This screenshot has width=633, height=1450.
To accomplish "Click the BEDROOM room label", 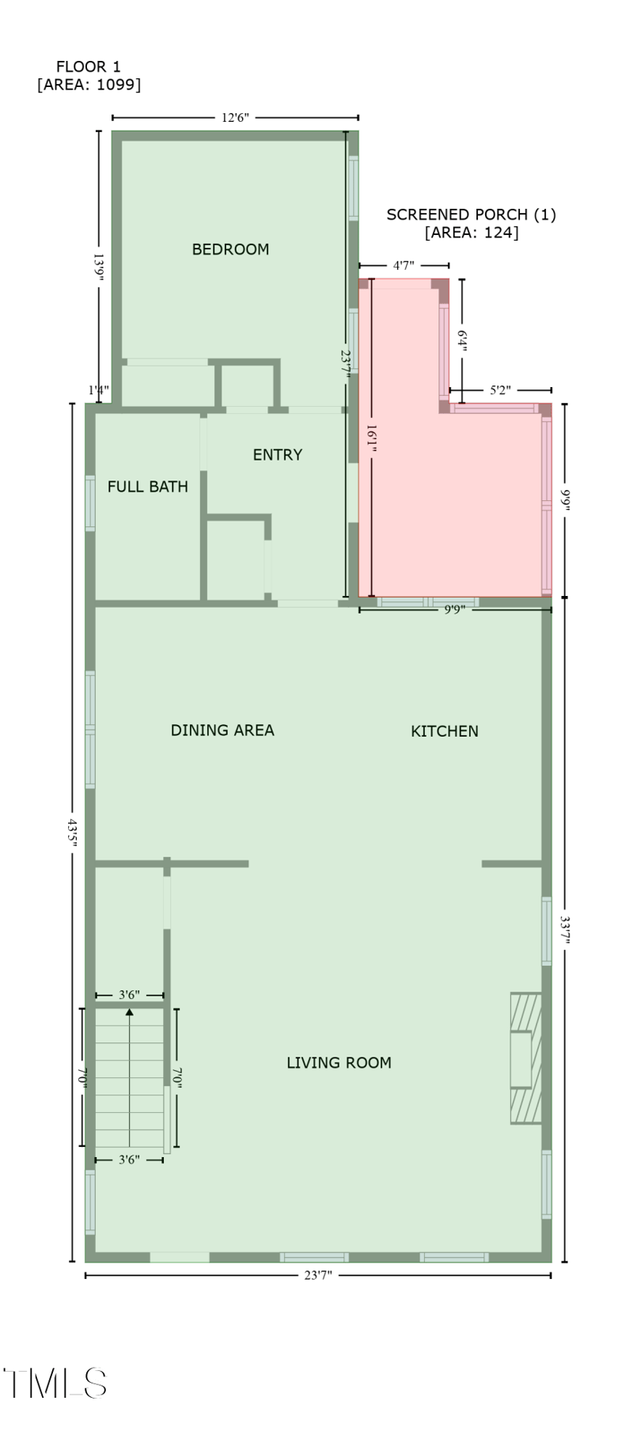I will click(230, 249).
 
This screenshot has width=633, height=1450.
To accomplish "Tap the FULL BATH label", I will click(148, 487).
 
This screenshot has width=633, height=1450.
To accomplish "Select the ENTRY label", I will click(277, 455).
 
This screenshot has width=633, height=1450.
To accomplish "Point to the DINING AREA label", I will click(222, 731).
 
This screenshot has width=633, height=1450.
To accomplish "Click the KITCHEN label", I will click(444, 731).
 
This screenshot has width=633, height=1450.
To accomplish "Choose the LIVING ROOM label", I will click(339, 1063).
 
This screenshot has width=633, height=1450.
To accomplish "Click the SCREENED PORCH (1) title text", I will click(471, 214).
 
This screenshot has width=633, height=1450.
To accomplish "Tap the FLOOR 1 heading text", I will click(89, 67).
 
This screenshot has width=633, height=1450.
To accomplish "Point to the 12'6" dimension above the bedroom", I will click(235, 118).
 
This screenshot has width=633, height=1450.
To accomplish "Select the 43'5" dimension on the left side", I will click(73, 833).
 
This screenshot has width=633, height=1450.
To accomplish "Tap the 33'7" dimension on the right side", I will click(565, 931).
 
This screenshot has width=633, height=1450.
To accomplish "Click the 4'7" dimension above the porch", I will click(404, 266).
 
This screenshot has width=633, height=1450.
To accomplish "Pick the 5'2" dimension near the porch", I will click(500, 390).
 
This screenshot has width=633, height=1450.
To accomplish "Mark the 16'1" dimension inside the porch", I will click(371, 439).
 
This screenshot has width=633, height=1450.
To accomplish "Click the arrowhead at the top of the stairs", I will click(129, 1012).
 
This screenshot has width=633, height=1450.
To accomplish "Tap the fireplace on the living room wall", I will click(525, 1058).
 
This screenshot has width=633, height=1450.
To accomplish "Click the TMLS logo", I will click(55, 1384).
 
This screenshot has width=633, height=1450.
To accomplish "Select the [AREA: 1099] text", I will click(89, 85).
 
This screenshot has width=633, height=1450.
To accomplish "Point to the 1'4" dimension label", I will click(99, 389).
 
